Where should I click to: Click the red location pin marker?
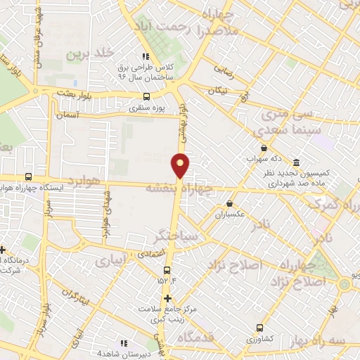click(x=181, y=165)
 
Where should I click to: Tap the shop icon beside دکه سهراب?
click(x=264, y=148)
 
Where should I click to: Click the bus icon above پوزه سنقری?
click(x=146, y=97)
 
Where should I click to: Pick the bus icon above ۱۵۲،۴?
click(x=167, y=269)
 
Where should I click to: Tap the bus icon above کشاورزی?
click(x=261, y=327)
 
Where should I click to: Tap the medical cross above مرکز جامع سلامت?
click(x=166, y=297)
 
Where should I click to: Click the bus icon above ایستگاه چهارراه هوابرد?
click(x=27, y=176)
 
